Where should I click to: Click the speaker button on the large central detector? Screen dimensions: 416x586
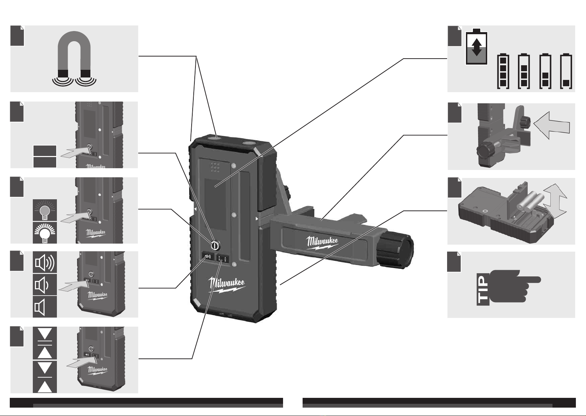coord(208,257)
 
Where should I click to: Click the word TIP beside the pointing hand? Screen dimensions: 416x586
coord(482,289)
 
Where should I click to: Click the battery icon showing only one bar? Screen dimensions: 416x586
coord(566,71)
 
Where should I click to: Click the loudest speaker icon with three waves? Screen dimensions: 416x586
coord(45,262)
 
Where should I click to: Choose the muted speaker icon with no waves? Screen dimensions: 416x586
coord(45,307)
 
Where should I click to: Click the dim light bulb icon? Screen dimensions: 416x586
coord(45,210)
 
